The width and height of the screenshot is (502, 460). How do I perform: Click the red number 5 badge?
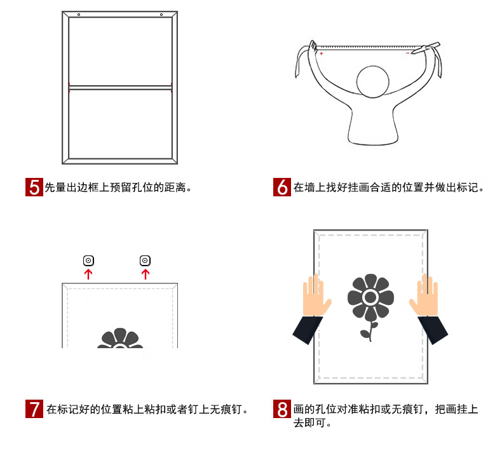pyautogui.click(x=34, y=187)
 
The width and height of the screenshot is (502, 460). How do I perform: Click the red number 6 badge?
pyautogui.click(x=282, y=187)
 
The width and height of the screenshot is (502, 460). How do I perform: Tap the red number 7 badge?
pyautogui.click(x=34, y=409)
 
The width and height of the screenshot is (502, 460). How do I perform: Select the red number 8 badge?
pyautogui.click(x=282, y=409)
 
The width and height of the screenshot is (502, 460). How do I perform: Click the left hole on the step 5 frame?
pyautogui.click(x=79, y=15)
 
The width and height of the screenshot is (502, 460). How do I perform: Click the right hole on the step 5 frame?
pyautogui.click(x=161, y=15)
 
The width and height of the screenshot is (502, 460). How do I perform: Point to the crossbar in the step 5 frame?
pyautogui.click(x=120, y=88)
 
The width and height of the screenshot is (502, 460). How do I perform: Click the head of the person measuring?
pyautogui.click(x=373, y=81)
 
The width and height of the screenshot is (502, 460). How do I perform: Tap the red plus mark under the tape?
pyautogui.click(x=321, y=53)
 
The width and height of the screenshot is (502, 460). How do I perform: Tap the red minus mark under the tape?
pyautogui.click(x=407, y=53)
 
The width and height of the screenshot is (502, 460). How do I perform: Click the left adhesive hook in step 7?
pyautogui.click(x=89, y=260)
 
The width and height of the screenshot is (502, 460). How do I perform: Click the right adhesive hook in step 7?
pyautogui.click(x=145, y=260)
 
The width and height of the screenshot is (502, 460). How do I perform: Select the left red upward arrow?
pyautogui.click(x=88, y=274)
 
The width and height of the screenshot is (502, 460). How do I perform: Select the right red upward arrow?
pyautogui.click(x=146, y=274)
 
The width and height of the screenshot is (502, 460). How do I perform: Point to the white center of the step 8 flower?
pyautogui.click(x=370, y=297)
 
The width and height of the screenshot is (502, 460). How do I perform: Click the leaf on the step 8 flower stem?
pyautogui.click(x=365, y=334)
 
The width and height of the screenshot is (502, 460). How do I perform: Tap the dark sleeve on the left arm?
pyautogui.click(x=308, y=330)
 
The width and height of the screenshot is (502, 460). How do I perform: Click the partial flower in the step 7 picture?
pyautogui.click(x=120, y=339)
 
